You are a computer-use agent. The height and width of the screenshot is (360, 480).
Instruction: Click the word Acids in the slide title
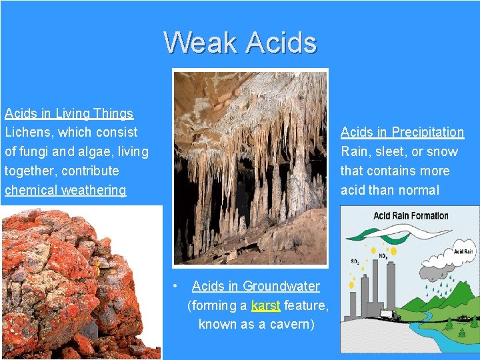coord(281,43)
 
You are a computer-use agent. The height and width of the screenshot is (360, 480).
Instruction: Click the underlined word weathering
coord(93,190)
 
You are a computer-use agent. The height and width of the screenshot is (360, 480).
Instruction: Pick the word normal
coord(419,190)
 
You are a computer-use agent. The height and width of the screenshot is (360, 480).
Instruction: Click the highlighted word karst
coord(265,305)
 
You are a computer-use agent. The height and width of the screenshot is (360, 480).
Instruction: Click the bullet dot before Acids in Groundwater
coord(175,285)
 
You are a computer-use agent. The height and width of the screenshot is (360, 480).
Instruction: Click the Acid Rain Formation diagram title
coord(411,215)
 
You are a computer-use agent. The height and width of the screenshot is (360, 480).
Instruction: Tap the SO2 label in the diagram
coord(355,261)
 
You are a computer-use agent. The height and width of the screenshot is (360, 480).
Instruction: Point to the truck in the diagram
coord(389,315)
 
